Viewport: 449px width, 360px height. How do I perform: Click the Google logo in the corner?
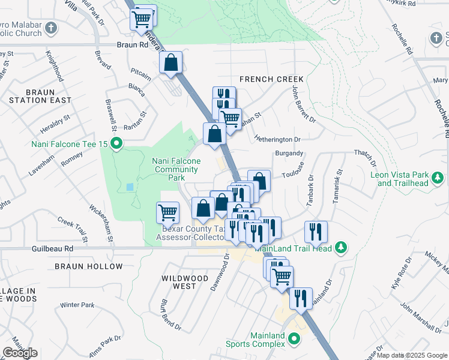click(x=20, y=353)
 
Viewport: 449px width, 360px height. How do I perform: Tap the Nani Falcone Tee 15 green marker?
click(x=118, y=143)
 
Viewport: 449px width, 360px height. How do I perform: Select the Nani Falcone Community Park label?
click(x=176, y=169)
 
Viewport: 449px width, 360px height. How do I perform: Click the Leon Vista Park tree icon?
click(x=439, y=178)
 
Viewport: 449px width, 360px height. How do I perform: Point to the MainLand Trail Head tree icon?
click(x=341, y=247)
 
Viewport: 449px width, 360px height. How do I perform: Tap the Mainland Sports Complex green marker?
click(x=294, y=340)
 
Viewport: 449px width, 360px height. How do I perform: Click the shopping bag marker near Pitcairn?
click(x=171, y=63)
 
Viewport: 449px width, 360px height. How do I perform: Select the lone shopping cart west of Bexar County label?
click(x=167, y=212)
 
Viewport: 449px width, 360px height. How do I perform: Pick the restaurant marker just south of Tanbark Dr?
click(x=315, y=232)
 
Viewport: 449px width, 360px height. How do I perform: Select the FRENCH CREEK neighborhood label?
click(x=271, y=79)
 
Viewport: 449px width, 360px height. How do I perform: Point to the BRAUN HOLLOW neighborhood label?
click(x=88, y=266)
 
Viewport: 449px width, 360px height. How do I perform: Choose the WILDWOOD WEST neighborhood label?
click(x=185, y=282)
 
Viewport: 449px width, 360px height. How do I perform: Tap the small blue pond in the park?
click(x=130, y=187)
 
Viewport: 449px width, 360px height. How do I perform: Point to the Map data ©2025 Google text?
click(x=412, y=355)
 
